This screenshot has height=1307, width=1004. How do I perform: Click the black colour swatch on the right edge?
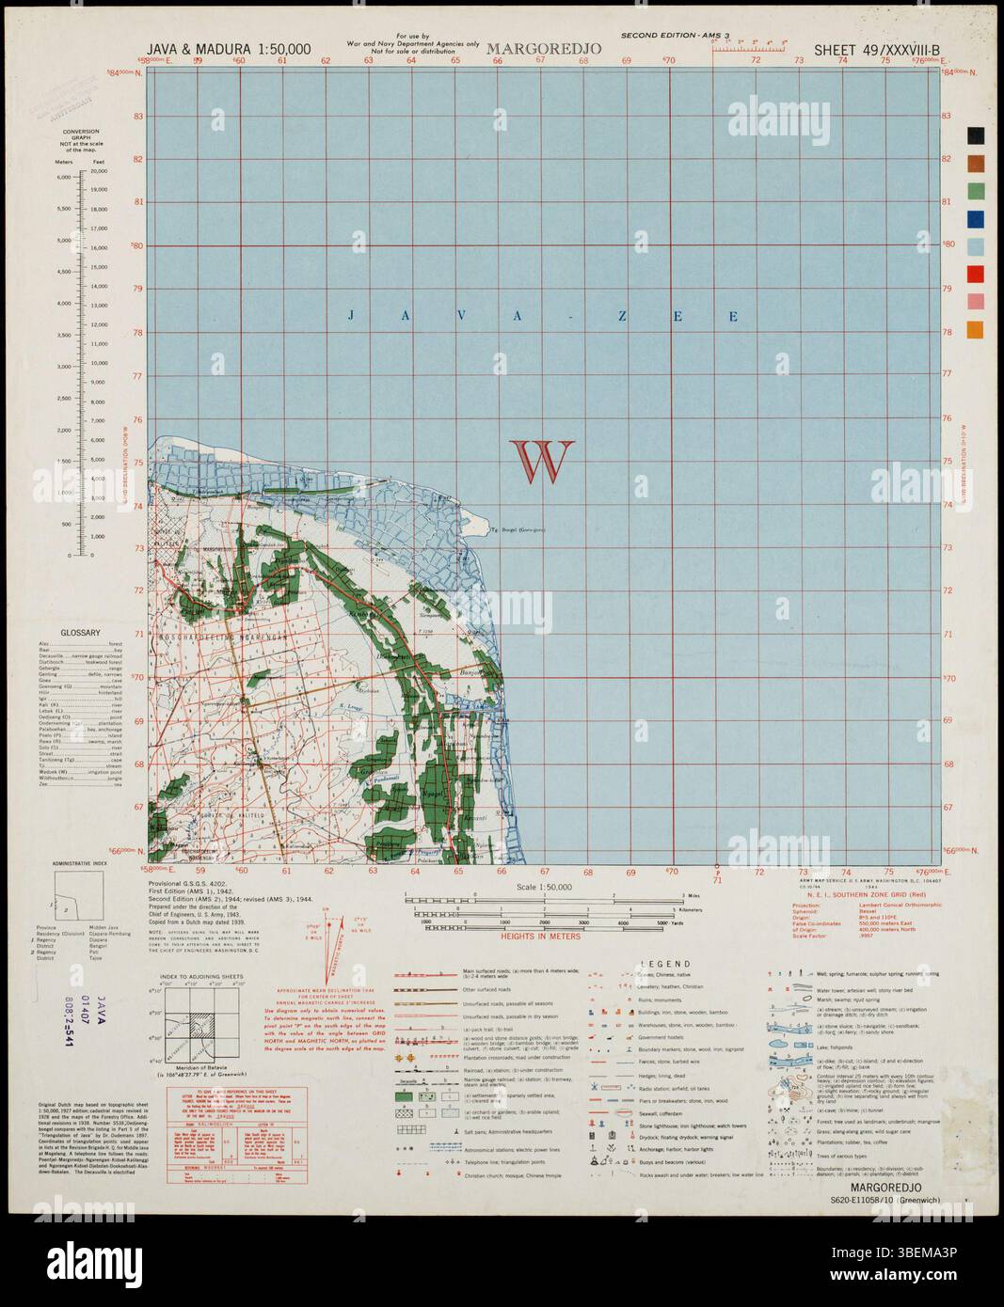[x=976, y=135]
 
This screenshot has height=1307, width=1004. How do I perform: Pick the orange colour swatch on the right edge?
[x=976, y=330]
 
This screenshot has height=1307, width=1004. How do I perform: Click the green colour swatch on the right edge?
[x=976, y=191]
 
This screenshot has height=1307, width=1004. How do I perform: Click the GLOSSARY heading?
[x=81, y=633]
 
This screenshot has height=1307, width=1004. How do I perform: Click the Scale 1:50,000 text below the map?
[x=544, y=887]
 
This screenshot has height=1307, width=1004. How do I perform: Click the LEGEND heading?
[x=665, y=964]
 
